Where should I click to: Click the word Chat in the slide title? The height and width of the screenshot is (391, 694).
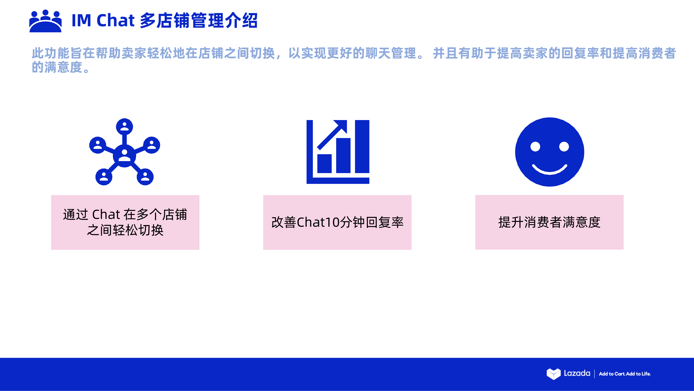point(115,20)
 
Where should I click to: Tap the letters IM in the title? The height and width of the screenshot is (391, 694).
point(81,20)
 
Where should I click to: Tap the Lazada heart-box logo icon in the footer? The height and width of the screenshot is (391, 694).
point(553,374)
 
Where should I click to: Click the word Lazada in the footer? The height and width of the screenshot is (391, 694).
point(577,373)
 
